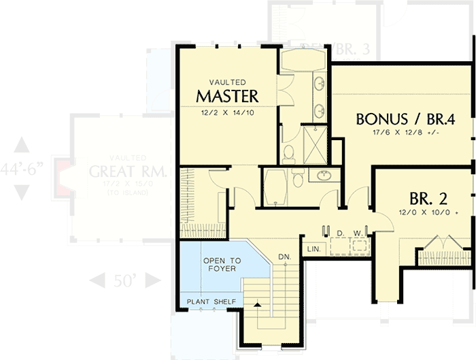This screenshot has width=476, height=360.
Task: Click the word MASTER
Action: click(227, 94)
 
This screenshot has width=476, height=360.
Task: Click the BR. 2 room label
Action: click(428, 199)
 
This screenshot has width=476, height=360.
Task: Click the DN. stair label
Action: click(284, 257)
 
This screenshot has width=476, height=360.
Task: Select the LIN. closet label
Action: click(313, 249)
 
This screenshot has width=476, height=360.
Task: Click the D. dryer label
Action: click(339, 233)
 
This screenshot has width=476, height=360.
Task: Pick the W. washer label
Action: click(358, 233)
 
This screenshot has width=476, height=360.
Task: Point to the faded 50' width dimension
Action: click(124, 280)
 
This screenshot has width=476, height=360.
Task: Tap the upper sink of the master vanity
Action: click(319, 84)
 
